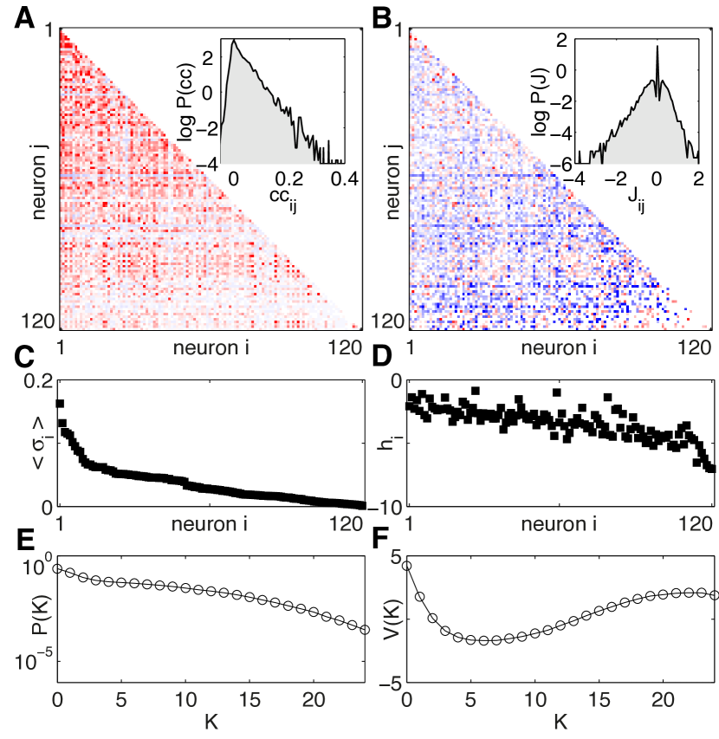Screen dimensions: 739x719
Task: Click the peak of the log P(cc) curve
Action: pos(233,41)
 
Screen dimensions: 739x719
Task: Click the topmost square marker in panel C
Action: pos(60,403)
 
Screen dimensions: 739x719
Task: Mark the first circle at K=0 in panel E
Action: pos(57,568)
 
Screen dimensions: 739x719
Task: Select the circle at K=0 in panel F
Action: pos(407,565)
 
